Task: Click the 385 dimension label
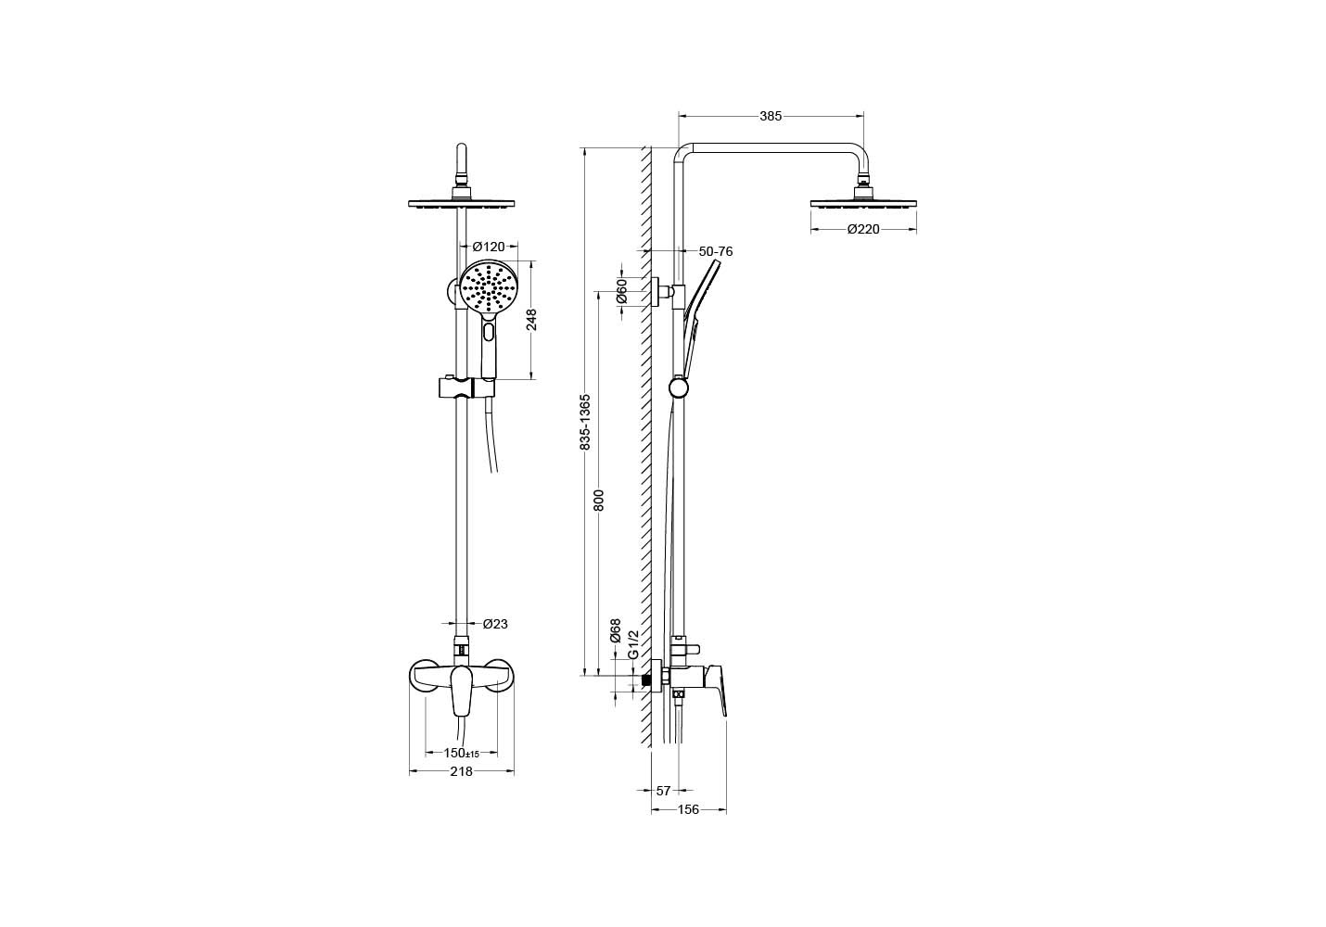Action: point(771,117)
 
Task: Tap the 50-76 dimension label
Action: point(716,251)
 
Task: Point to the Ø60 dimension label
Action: point(621,291)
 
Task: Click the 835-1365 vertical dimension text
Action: point(585,422)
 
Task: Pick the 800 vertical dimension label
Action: point(599,500)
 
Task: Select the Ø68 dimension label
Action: point(616,631)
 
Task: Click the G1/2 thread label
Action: point(632,644)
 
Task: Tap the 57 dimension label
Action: point(663,790)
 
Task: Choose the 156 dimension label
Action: point(688,809)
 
